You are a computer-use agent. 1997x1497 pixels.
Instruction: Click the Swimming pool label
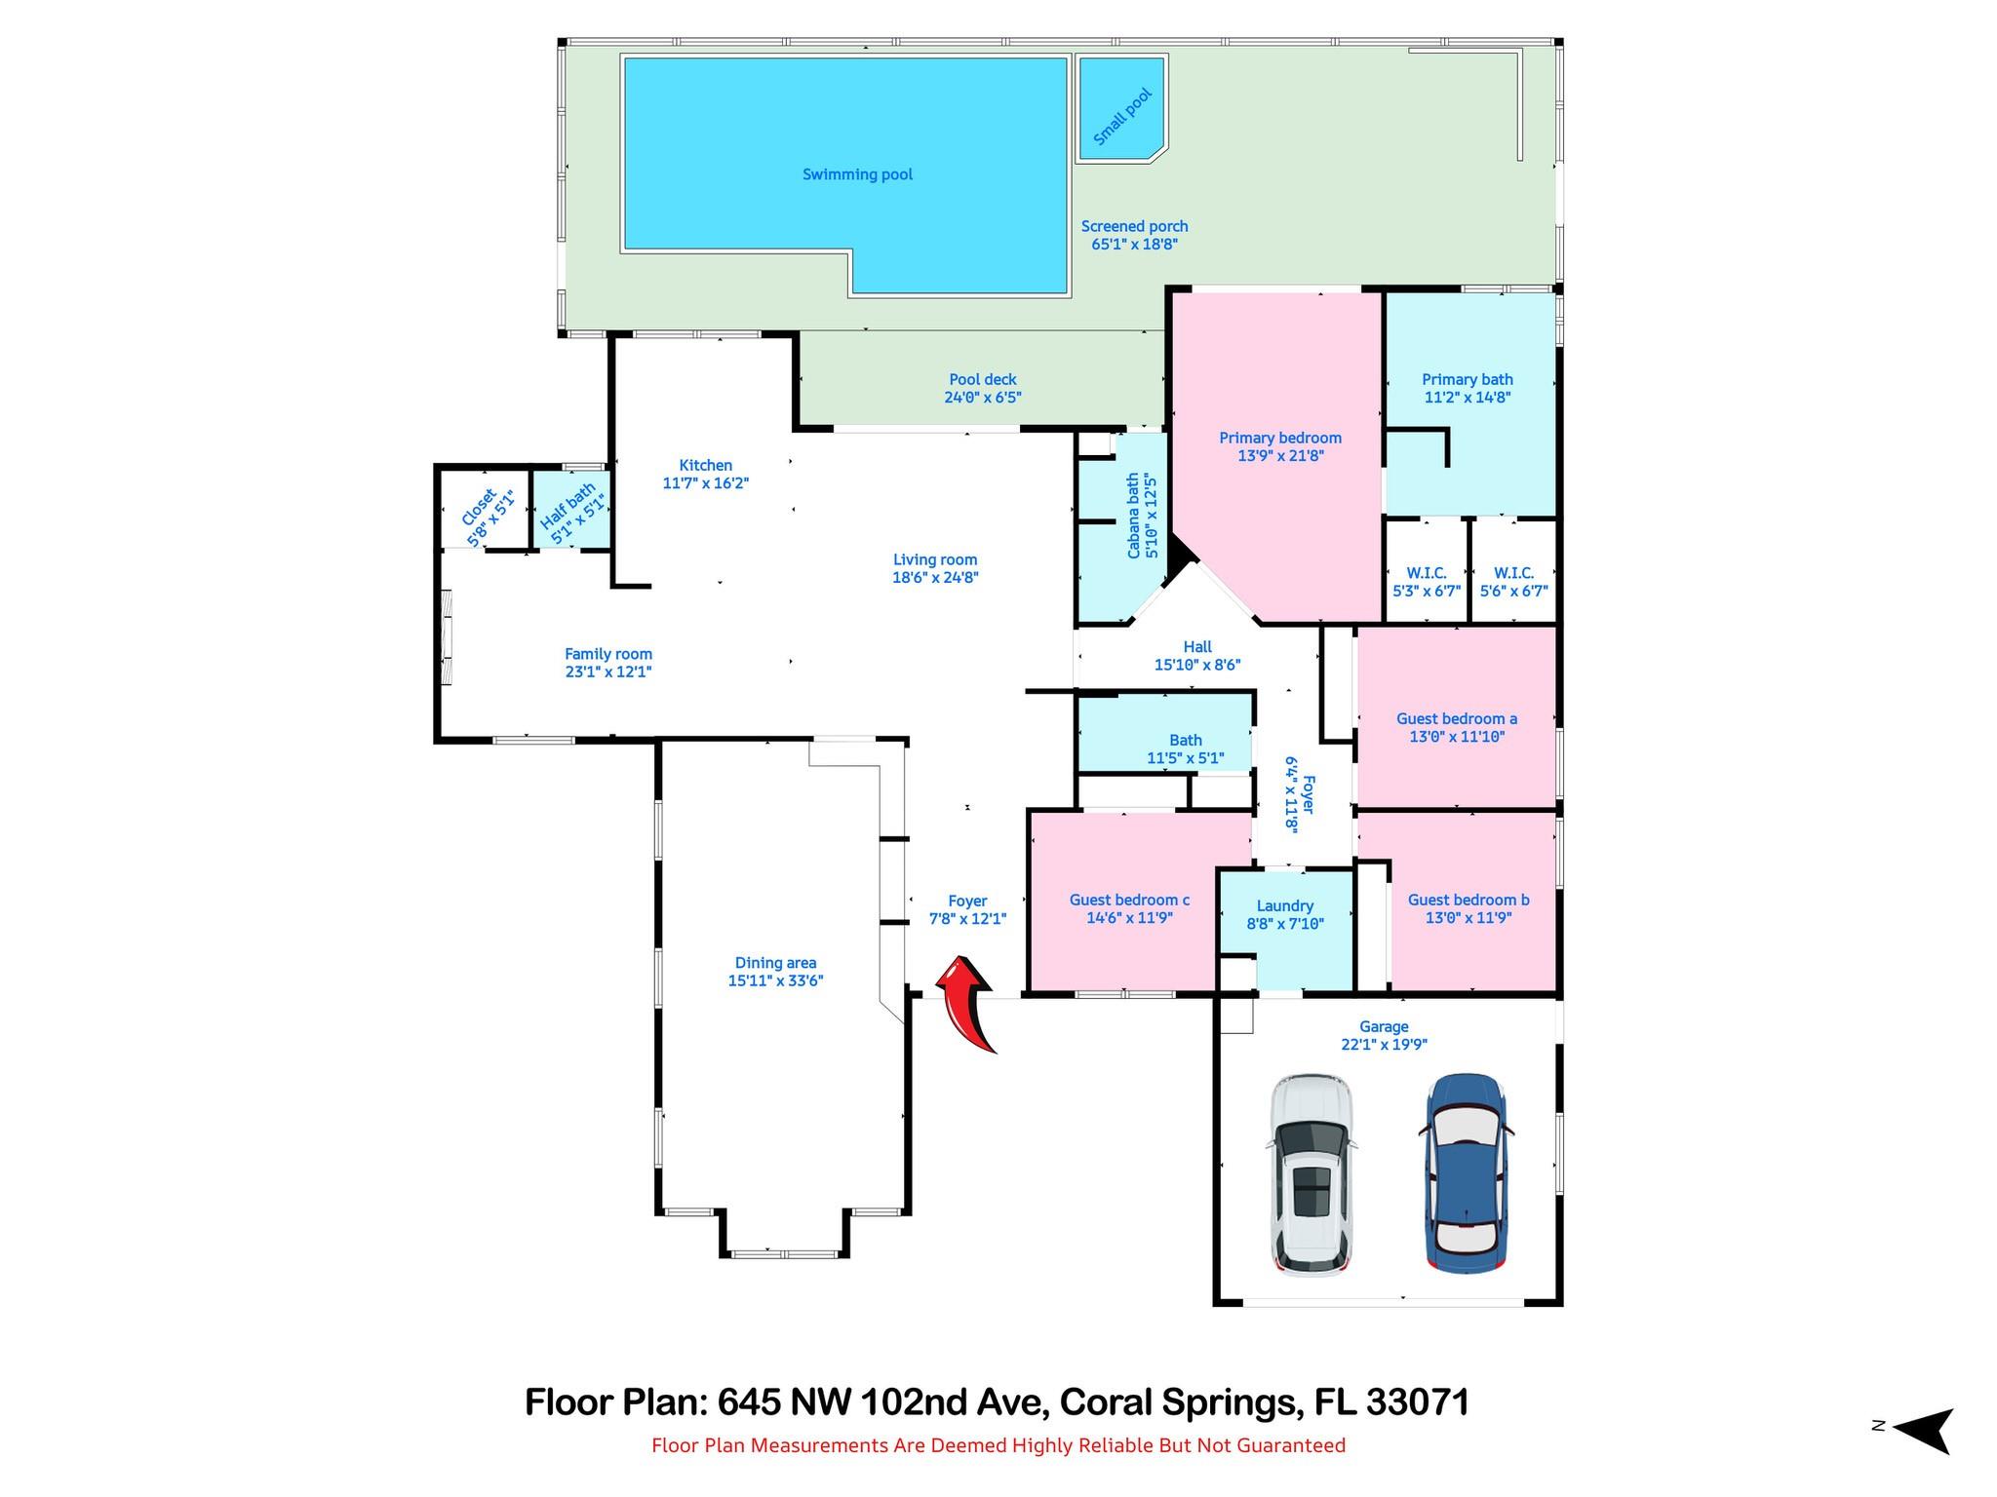(x=857, y=174)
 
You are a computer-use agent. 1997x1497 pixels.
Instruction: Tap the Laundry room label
(x=1284, y=905)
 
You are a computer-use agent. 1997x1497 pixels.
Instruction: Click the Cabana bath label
(x=1133, y=516)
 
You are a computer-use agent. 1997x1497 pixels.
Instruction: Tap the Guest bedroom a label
(x=1456, y=718)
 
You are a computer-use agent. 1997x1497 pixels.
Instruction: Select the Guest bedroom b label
(x=1468, y=900)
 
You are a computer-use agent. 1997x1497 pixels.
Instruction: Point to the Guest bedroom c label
(x=1129, y=900)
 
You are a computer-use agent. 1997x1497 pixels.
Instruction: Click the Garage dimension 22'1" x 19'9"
(x=1384, y=1044)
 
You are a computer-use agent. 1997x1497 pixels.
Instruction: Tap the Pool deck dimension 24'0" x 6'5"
(x=982, y=398)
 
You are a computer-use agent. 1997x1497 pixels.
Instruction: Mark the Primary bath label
(x=1467, y=379)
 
